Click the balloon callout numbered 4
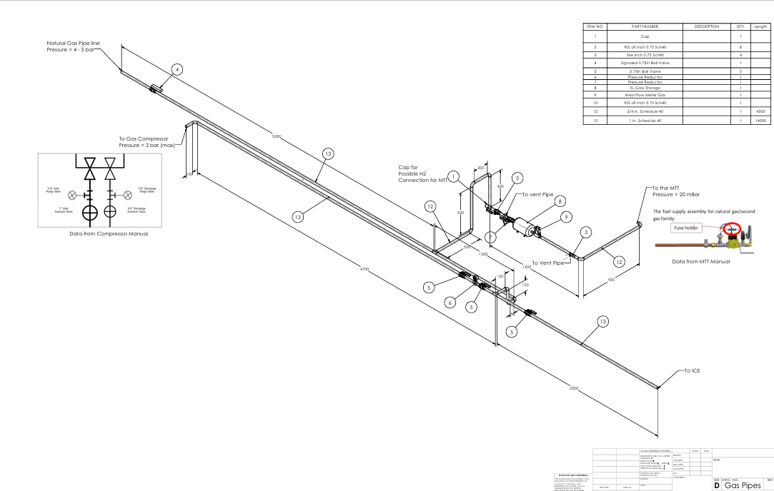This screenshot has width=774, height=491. [177, 69]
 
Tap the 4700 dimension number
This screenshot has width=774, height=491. [364, 269]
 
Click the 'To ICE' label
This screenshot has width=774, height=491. [692, 371]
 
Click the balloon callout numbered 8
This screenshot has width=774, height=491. [561, 201]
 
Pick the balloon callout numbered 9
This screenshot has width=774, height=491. [566, 217]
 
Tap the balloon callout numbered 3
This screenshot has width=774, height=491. [585, 232]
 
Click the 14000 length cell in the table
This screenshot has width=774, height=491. [760, 121]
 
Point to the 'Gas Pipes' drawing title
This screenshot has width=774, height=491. [741, 485]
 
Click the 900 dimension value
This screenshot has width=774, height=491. [611, 280]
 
